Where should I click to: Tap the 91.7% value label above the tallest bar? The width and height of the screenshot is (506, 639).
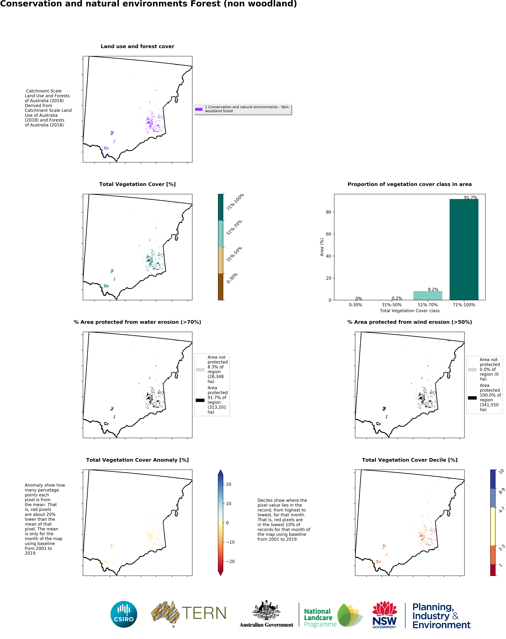[x=470, y=198]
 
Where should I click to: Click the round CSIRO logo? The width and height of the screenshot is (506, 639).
[x=124, y=614]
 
